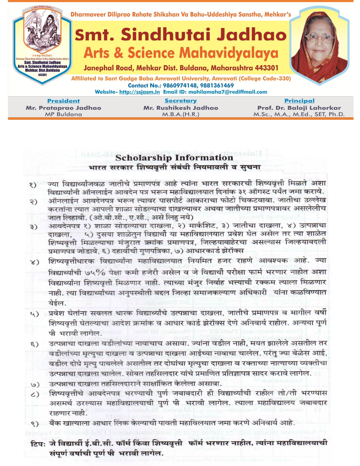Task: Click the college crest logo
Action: (42, 45)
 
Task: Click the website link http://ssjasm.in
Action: (139, 92)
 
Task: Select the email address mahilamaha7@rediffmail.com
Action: (228, 92)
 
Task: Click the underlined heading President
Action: (64, 101)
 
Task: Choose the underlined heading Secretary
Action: (181, 101)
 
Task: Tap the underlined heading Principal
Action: (299, 101)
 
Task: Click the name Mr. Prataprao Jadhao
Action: (64, 108)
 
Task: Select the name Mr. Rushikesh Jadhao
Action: (181, 108)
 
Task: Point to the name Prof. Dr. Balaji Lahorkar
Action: (299, 108)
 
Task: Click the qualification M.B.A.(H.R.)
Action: (181, 114)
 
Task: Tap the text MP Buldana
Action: (64, 114)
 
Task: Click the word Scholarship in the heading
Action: (143, 158)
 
